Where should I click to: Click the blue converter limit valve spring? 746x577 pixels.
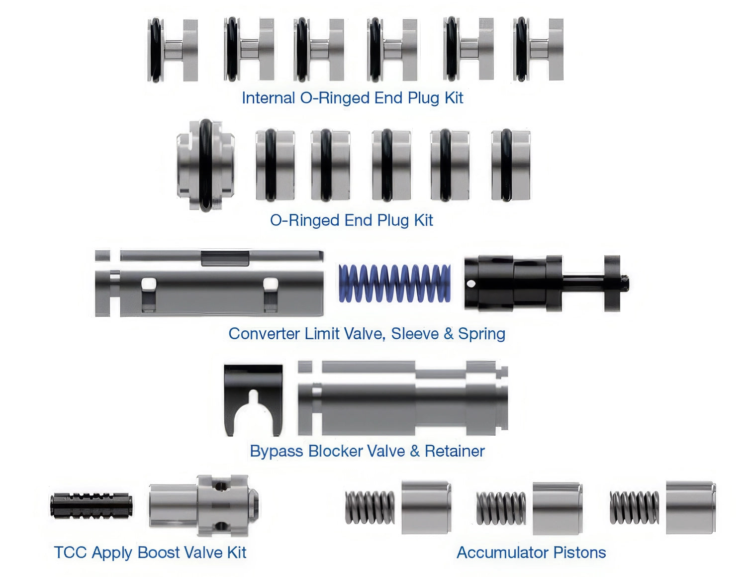tap(394, 283)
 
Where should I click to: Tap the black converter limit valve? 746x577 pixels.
tap(546, 283)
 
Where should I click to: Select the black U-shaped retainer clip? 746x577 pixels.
tap(253, 400)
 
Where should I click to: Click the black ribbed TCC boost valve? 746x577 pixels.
tap(92, 505)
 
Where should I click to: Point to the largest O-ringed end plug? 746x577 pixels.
tap(205, 166)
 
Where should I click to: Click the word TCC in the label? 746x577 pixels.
tap(71, 553)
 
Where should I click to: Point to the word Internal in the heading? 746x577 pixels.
tap(269, 98)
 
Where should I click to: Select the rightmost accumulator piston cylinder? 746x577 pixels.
tap(691, 507)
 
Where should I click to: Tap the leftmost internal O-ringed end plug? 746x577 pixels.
tap(173, 50)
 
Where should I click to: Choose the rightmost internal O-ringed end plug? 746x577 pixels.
tap(538, 49)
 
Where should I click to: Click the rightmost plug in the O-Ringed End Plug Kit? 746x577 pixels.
tap(510, 165)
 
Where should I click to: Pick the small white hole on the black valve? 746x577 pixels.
tap(471, 284)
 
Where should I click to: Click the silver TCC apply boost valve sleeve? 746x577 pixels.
tap(204, 505)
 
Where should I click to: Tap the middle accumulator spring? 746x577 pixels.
tap(501, 508)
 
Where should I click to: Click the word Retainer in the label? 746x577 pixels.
tap(455, 451)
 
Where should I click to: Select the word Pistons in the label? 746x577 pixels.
tap(580, 553)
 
